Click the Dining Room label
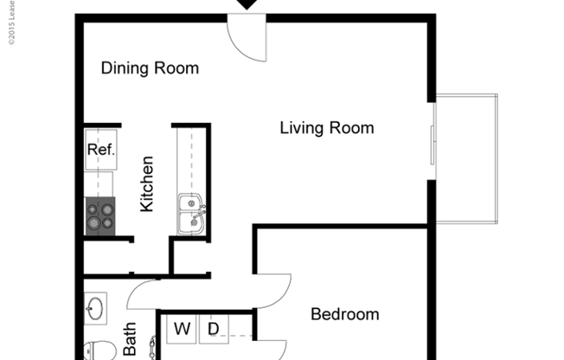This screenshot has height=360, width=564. point(150,68)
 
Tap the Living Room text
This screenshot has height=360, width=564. point(327,129)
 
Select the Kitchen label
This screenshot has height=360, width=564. point(147,183)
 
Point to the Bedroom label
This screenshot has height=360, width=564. point(344,314)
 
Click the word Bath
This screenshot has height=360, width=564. point(130,339)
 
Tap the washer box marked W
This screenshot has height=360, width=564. point(183,329)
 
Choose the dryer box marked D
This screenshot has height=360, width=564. point(213,329)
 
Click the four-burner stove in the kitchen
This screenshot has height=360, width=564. point(99,215)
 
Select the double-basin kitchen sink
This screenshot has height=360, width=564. point(191,215)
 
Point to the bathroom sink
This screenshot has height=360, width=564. point(94,307)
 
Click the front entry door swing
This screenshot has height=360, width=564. point(247,40)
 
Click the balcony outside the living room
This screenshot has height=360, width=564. point(465,157)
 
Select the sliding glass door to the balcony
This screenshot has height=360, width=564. point(433,134)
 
